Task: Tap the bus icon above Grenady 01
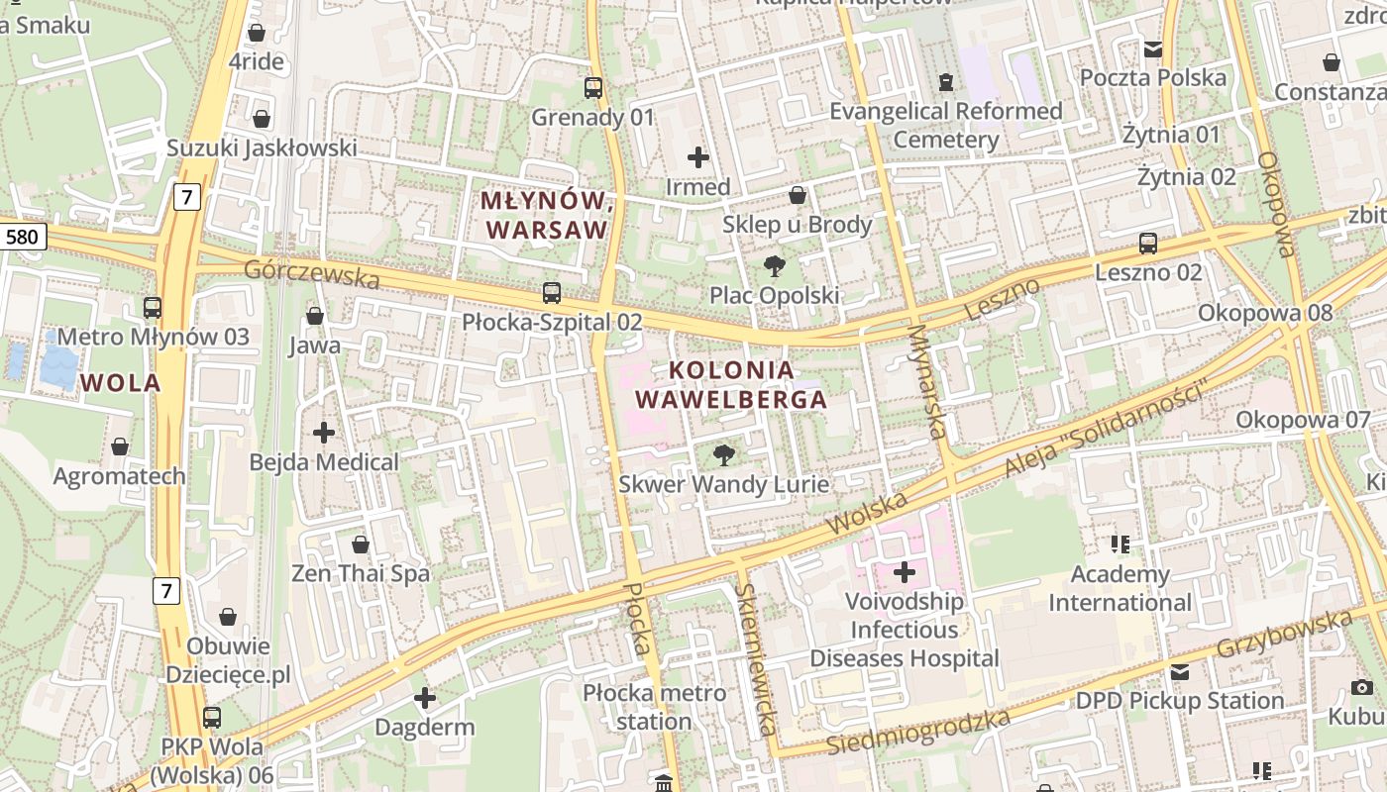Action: [x=593, y=88]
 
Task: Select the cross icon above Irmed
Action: [x=698, y=156]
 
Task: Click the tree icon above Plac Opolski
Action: [x=775, y=265]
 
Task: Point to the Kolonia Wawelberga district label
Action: [x=731, y=385]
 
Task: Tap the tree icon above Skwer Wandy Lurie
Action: [x=724, y=455]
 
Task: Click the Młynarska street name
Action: [x=927, y=381]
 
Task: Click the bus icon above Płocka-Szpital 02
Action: [x=552, y=293]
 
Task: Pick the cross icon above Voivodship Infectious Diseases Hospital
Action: [x=905, y=571]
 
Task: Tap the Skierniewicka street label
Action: [x=755, y=658]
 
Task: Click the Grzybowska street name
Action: [x=1284, y=635]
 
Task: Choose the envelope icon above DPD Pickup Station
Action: [x=1180, y=672]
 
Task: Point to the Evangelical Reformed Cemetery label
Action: [x=946, y=125]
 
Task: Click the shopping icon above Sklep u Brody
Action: [x=798, y=195]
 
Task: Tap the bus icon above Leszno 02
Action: [x=1148, y=243]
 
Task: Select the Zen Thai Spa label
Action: [x=361, y=573]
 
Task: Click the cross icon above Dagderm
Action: [x=425, y=698]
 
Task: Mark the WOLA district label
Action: [x=121, y=383]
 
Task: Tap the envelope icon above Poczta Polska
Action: [x=1153, y=49]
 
